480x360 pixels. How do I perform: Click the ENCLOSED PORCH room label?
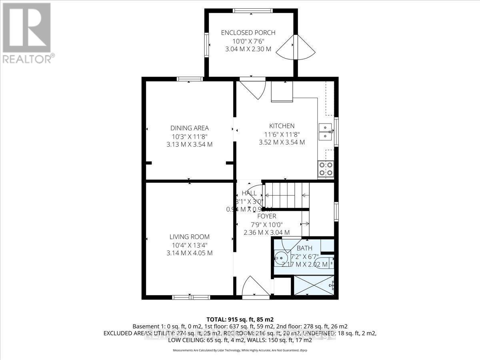tap(248, 32)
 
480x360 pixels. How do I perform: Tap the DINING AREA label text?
tap(190, 128)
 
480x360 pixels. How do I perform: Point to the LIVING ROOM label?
tap(190, 237)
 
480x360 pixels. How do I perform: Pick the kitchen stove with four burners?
tap(326, 169)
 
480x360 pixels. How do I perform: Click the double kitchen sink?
tap(326, 132)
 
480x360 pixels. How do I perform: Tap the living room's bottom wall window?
tap(191, 297)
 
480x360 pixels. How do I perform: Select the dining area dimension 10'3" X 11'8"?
tap(190, 136)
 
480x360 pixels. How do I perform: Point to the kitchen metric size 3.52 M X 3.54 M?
tap(282, 142)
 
